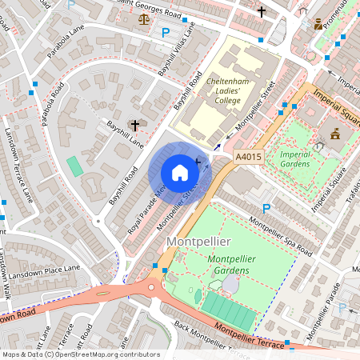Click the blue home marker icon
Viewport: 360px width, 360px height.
coord(180,173)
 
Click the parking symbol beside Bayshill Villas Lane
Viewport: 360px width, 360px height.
coord(166,33)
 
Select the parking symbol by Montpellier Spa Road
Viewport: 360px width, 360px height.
coord(267,208)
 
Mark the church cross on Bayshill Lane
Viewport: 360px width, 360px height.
coord(134,126)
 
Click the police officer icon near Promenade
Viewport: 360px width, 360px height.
coord(318,24)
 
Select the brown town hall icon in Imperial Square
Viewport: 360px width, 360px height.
coord(334,134)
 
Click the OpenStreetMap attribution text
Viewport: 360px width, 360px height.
coord(80,354)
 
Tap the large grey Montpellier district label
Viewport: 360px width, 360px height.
coord(198,241)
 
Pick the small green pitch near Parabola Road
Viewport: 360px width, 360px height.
coord(74,166)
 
